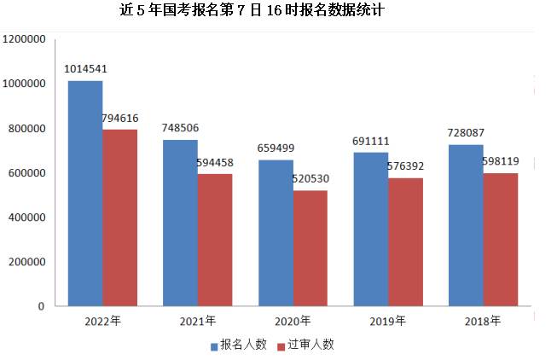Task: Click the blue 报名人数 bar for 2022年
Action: pyautogui.click(x=85, y=193)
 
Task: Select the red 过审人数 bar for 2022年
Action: pyautogui.click(x=119, y=218)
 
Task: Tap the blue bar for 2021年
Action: pyautogui.click(x=180, y=223)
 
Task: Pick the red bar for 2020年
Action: pyautogui.click(x=310, y=247)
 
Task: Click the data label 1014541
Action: pyautogui.click(x=86, y=69)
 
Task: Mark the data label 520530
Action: pyautogui.click(x=310, y=179)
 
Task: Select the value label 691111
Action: pyautogui.click(x=370, y=141)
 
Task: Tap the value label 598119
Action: pyautogui.click(x=500, y=161)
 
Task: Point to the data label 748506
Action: pyautogui.click(x=180, y=128)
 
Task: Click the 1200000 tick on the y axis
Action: pyautogui.click(x=23, y=39)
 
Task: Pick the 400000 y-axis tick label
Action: pyautogui.click(x=26, y=218)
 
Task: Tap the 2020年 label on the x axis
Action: pyautogui.click(x=293, y=322)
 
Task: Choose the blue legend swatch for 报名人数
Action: pyautogui.click(x=214, y=345)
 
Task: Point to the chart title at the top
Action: pyautogui.click(x=253, y=12)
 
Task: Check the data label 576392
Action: pyautogui.click(x=405, y=166)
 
